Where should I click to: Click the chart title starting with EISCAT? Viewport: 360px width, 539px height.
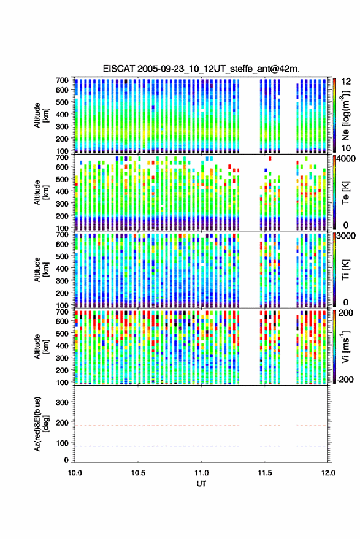pos(202,69)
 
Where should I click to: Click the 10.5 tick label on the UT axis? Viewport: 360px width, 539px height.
pos(138,473)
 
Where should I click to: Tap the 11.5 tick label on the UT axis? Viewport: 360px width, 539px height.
pos(264,473)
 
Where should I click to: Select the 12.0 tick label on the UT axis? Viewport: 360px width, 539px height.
pos(328,473)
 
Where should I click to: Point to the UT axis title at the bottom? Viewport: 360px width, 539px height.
pos(201,484)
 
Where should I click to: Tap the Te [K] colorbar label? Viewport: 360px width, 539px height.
pos(345,193)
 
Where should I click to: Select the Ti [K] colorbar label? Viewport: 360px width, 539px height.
pos(345,270)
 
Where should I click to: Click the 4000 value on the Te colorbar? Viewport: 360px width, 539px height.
pos(347,159)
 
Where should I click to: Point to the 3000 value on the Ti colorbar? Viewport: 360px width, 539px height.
pos(347,236)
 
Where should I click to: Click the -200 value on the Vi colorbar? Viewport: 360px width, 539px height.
pos(345,379)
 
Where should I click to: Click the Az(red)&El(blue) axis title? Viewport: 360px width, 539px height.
pos(41,424)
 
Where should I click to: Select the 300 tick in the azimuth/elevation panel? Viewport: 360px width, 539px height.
pos(62,402)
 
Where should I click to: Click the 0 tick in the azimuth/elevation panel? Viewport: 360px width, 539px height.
pos(66,460)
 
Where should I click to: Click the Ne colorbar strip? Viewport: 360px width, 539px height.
pos(334,115)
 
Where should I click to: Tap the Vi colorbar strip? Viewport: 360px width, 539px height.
pos(334,346)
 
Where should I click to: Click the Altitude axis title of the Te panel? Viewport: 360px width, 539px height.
pos(41,193)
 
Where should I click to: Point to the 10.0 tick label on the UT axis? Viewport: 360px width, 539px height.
pos(75,473)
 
